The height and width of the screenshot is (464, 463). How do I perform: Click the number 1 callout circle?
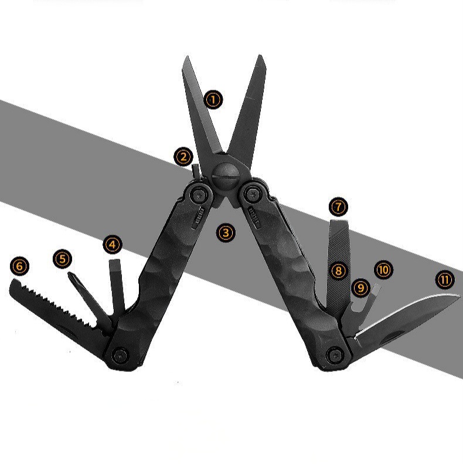[213, 100]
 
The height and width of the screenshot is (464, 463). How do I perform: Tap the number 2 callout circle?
[183, 157]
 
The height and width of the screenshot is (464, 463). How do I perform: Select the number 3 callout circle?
[226, 233]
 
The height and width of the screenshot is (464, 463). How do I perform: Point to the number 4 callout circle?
[113, 245]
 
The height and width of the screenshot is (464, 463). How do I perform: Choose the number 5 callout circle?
[62, 259]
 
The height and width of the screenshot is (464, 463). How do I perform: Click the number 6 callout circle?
[19, 266]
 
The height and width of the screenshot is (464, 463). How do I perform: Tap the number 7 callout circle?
[338, 207]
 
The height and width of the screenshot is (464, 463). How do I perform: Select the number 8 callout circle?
[338, 270]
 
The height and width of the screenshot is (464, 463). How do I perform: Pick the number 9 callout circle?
[360, 287]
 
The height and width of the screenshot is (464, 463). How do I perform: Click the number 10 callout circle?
[383, 270]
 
